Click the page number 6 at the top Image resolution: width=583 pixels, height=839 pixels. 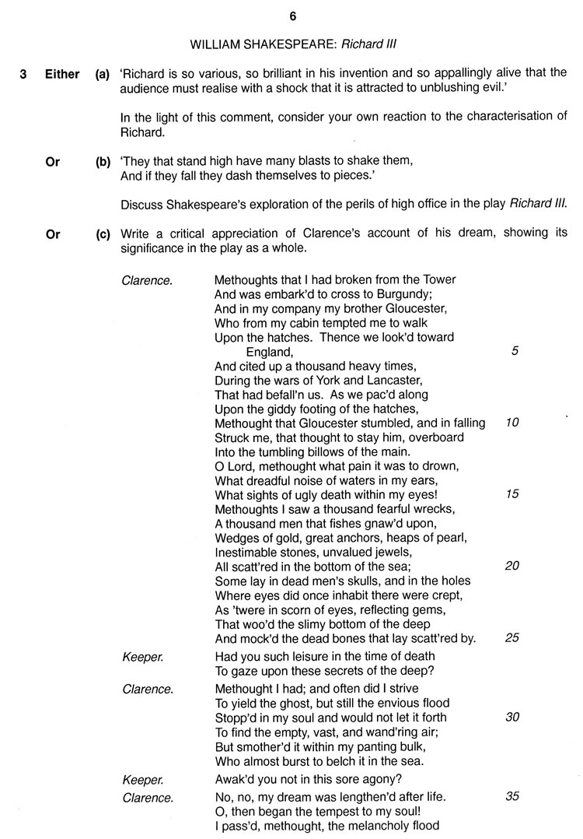pos(291,14)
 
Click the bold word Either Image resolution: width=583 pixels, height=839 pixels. pos(61,75)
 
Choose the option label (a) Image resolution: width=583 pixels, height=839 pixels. pos(103,75)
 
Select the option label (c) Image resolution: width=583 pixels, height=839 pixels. pos(103,233)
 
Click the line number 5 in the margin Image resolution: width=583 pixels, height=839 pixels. pos(515,351)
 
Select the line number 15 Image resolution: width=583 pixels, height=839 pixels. pos(512,494)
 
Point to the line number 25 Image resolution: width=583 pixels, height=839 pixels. pos(512,637)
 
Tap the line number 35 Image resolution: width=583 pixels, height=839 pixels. pos(512,796)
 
